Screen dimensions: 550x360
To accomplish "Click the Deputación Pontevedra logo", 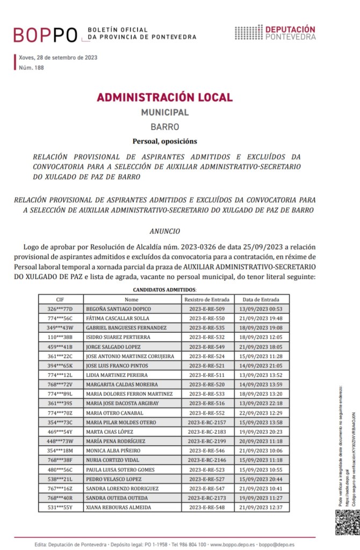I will coord(275,32).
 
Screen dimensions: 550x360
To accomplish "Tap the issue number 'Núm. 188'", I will coord(31,68).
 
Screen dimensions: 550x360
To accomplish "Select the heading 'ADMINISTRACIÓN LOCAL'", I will coord(164,97).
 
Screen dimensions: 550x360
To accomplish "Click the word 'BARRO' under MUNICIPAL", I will coord(164,127).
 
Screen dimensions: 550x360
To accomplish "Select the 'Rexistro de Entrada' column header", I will coord(207,299).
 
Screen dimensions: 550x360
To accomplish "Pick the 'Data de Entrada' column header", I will coord(261,299).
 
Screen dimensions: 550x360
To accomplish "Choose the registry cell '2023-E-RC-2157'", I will coord(207,422).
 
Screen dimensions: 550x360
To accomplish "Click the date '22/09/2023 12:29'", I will coord(261,412).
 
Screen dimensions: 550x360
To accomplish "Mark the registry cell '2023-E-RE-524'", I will coord(207,356).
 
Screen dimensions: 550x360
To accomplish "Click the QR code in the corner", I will coord(347,522).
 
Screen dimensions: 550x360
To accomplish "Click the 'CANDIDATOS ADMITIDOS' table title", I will coord(164,290).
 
